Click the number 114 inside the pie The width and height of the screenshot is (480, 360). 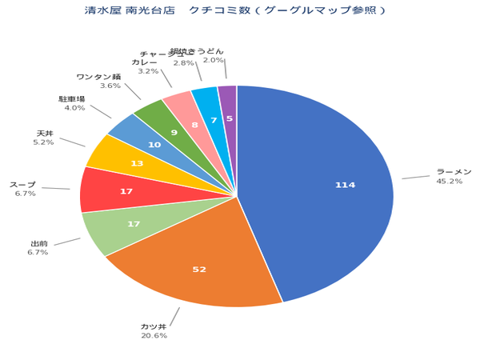tap(345, 185)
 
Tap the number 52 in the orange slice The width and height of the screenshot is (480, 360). tap(199, 270)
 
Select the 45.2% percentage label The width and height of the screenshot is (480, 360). tap(449, 182)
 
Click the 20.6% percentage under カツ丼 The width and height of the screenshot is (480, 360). tap(154, 336)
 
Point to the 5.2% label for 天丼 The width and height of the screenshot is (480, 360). tap(43, 142)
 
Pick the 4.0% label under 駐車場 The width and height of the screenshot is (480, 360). tap(74, 108)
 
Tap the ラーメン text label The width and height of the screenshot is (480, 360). tap(454, 172)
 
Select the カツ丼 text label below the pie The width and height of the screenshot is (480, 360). tap(154, 326)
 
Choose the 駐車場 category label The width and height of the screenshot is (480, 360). tap(71, 98)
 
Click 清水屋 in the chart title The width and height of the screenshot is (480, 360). tap(102, 10)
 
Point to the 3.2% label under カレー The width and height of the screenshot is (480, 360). tap(148, 70)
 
